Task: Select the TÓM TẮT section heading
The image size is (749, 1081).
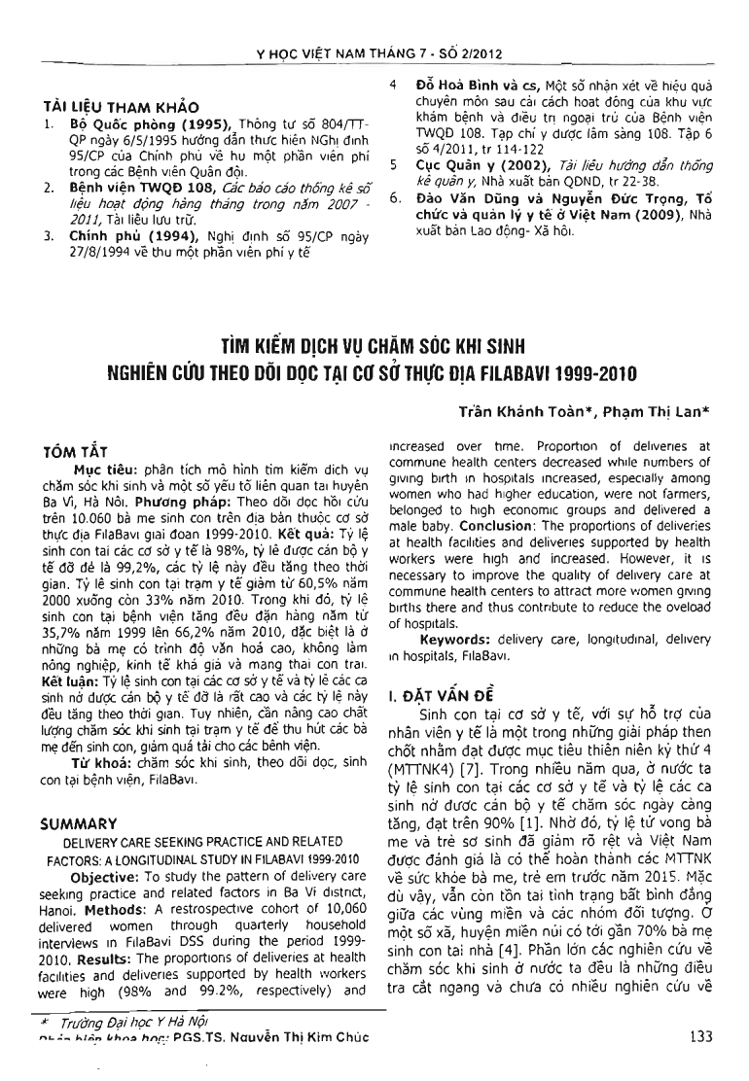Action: (79, 453)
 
